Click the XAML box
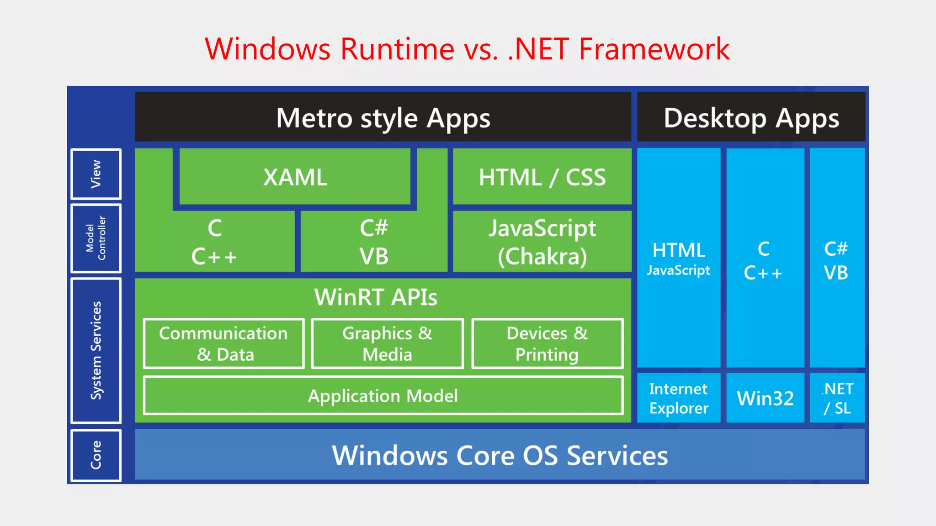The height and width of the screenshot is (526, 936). pyautogui.click(x=295, y=177)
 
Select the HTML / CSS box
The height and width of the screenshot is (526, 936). pyautogui.click(x=542, y=177)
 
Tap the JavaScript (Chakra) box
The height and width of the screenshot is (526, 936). pyautogui.click(x=542, y=242)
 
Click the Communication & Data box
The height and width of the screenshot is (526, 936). pyautogui.click(x=223, y=343)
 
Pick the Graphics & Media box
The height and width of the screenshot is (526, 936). pyautogui.click(x=387, y=343)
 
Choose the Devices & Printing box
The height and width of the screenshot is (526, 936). pyautogui.click(x=547, y=343)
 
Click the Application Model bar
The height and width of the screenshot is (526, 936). pyautogui.click(x=383, y=395)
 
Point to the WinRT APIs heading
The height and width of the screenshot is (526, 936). pyautogui.click(x=376, y=297)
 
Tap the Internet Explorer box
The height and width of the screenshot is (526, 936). pyautogui.click(x=679, y=398)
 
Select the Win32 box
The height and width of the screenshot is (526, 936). pyautogui.click(x=765, y=398)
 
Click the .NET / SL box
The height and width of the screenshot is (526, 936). pyautogui.click(x=837, y=398)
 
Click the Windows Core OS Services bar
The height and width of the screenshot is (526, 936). pyautogui.click(x=500, y=455)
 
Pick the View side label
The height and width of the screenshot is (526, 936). pyautogui.click(x=96, y=174)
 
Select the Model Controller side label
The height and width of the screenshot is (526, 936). pyautogui.click(x=96, y=238)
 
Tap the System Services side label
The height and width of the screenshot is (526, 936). pyautogui.click(x=96, y=350)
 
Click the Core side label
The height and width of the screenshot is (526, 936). pyautogui.click(x=96, y=455)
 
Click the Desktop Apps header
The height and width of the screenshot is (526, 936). pyautogui.click(x=751, y=118)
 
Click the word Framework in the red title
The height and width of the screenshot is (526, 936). pyautogui.click(x=654, y=49)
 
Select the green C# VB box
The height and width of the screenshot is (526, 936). pyautogui.click(x=374, y=242)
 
